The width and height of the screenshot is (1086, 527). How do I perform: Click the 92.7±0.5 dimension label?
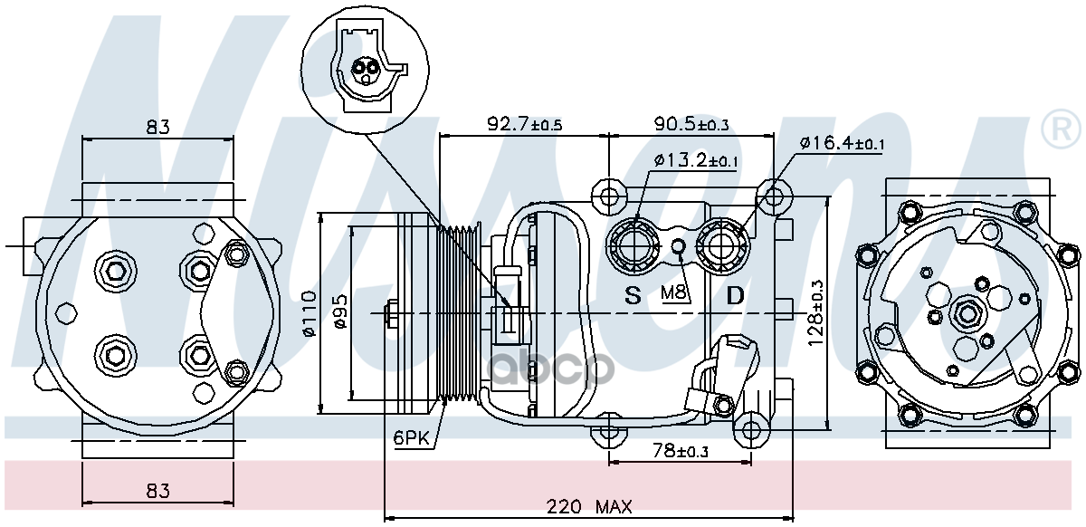525,124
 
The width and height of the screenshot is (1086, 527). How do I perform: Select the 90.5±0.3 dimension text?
691,124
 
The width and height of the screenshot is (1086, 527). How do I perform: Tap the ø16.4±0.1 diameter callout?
843,143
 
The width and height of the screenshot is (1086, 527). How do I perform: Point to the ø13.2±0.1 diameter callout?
696,160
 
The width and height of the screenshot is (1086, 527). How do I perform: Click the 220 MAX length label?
589,506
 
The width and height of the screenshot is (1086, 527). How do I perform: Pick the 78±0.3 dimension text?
681,451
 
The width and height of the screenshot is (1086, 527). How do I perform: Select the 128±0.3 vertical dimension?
815,313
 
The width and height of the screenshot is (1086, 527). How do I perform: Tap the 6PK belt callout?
412,438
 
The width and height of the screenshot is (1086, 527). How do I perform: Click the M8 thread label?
674,292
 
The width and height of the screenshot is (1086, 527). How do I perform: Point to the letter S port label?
633,295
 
